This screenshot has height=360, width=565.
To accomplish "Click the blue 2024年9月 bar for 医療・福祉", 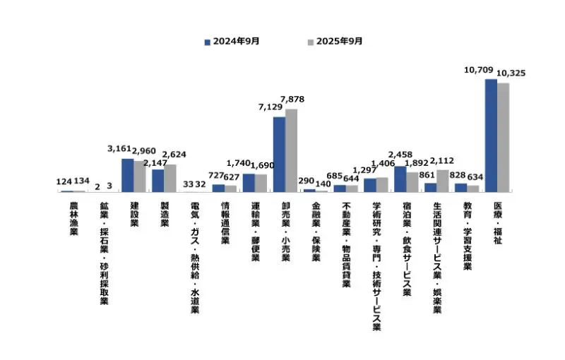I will pyautogui.click(x=490, y=136).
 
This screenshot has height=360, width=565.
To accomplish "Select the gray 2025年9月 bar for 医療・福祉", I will pyautogui.click(x=503, y=138).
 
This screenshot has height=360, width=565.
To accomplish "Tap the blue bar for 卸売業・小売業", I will pyautogui.click(x=279, y=155).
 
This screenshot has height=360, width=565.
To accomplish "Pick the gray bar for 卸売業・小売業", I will pyautogui.click(x=291, y=150).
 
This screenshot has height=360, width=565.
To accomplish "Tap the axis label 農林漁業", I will pyautogui.click(x=73, y=219).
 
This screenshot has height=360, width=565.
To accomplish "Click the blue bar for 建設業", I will pyautogui.click(x=128, y=175).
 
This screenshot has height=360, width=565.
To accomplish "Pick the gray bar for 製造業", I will pyautogui.click(x=170, y=178).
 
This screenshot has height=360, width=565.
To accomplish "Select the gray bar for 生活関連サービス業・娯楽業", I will pyautogui.click(x=442, y=181).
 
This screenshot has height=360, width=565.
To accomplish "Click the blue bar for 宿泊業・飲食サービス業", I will pyautogui.click(x=400, y=179).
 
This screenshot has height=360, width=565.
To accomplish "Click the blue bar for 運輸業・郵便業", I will pyautogui.click(x=249, y=183).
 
